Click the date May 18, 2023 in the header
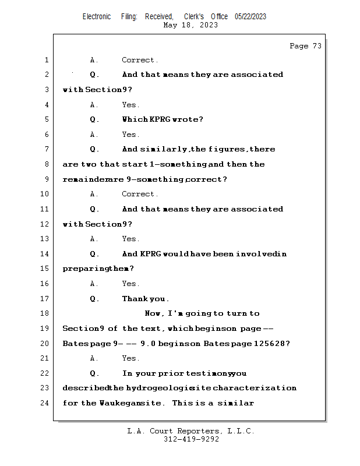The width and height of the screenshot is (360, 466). [191, 25]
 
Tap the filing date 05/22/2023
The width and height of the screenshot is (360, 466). [250, 17]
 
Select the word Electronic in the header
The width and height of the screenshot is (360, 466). [97, 17]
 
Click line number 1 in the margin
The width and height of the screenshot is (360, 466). [46, 60]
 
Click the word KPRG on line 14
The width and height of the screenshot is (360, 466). [150, 254]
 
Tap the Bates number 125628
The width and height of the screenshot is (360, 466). [271, 344]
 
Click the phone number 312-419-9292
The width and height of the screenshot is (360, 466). [191, 440]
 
